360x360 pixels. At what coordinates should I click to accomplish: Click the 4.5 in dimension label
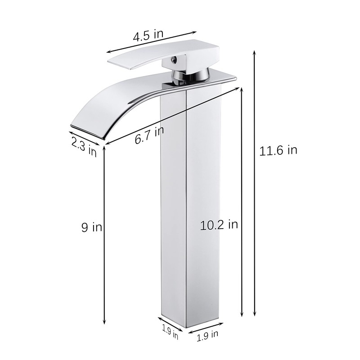[x=147, y=36]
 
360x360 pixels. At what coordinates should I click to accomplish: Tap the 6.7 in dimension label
[x=149, y=135]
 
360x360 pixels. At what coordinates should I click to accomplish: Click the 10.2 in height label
[x=219, y=225]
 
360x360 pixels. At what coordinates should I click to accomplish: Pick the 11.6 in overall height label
[x=278, y=150]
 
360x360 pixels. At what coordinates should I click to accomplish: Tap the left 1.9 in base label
[x=170, y=333]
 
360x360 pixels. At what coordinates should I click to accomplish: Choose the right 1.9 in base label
[x=207, y=333]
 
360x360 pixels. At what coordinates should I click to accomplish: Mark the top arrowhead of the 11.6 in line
[x=255, y=52]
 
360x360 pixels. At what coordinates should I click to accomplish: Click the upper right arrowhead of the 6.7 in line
[x=238, y=89]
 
